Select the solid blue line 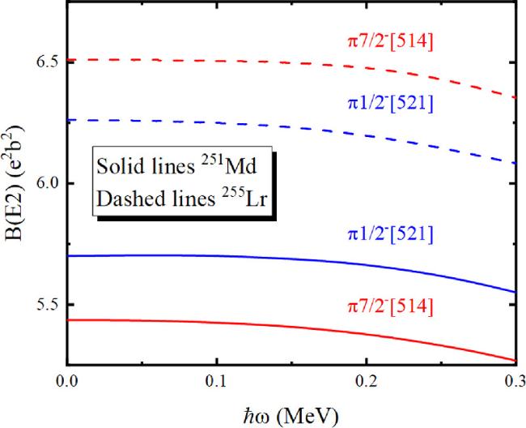click(243, 258)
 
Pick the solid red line click(243, 325)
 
